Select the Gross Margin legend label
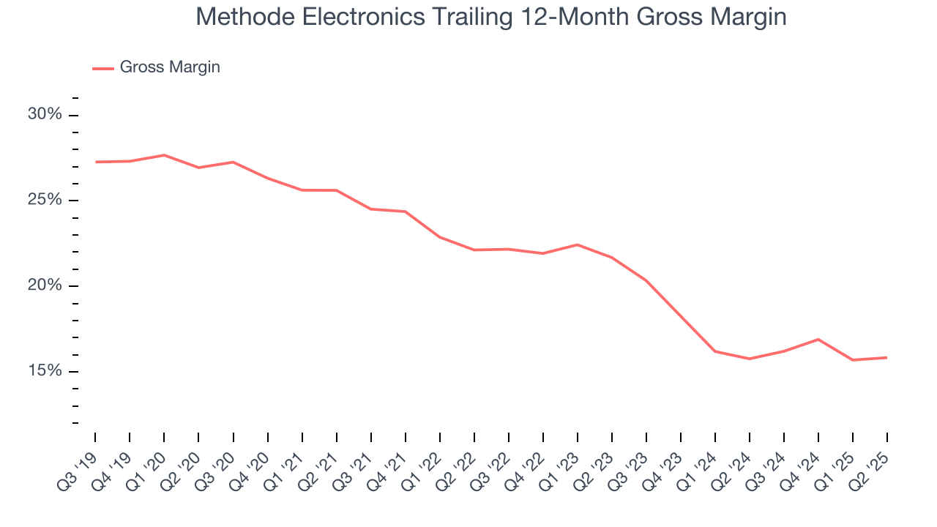tap(170, 67)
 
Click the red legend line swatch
tap(103, 68)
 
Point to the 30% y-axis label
tap(45, 115)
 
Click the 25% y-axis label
tap(45, 201)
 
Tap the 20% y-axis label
tap(45, 286)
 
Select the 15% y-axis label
tap(45, 371)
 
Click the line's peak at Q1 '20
tap(164, 155)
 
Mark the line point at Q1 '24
tap(715, 351)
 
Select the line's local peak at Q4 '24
tap(818, 339)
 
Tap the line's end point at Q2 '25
tap(887, 358)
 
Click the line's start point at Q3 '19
tap(95, 162)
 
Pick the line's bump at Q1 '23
tap(578, 244)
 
